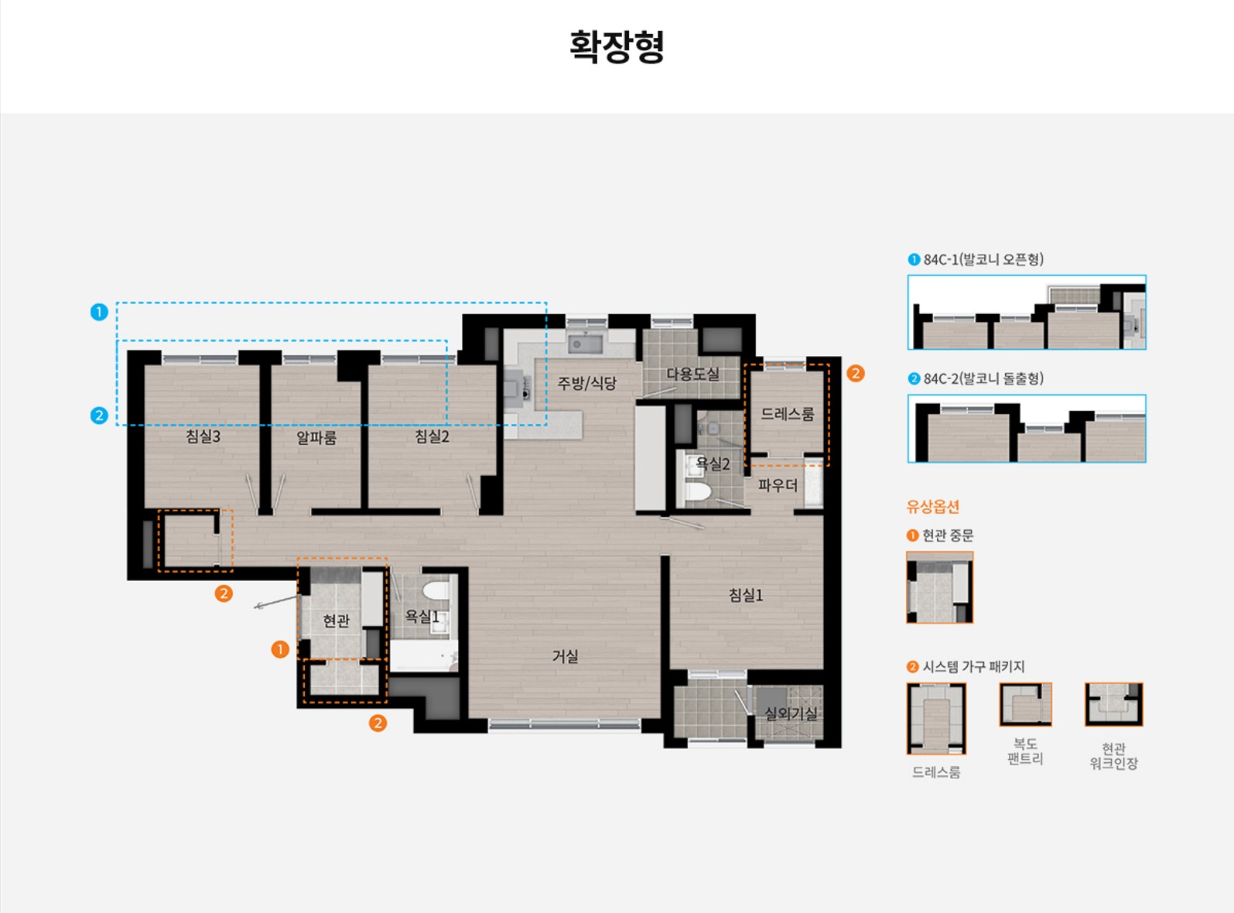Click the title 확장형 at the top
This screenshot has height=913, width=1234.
617,46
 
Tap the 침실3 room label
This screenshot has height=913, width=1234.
203,436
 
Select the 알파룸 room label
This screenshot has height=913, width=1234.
316,437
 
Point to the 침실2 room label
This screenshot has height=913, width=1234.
432,436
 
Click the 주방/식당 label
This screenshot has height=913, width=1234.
587,383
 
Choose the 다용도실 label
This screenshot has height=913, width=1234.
692,374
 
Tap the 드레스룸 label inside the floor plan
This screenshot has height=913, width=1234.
788,414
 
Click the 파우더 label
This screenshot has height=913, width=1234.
778,486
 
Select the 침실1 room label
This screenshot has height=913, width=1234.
746,595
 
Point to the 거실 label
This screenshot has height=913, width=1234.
565,657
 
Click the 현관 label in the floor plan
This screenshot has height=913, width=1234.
336,621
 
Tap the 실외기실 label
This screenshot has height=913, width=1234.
791,713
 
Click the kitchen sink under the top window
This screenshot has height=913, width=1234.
585,344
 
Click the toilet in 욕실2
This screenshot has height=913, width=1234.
699,491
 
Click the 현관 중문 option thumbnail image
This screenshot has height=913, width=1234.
940,587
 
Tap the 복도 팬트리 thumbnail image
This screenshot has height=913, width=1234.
1025,704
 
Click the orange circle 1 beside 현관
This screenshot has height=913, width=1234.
280,649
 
